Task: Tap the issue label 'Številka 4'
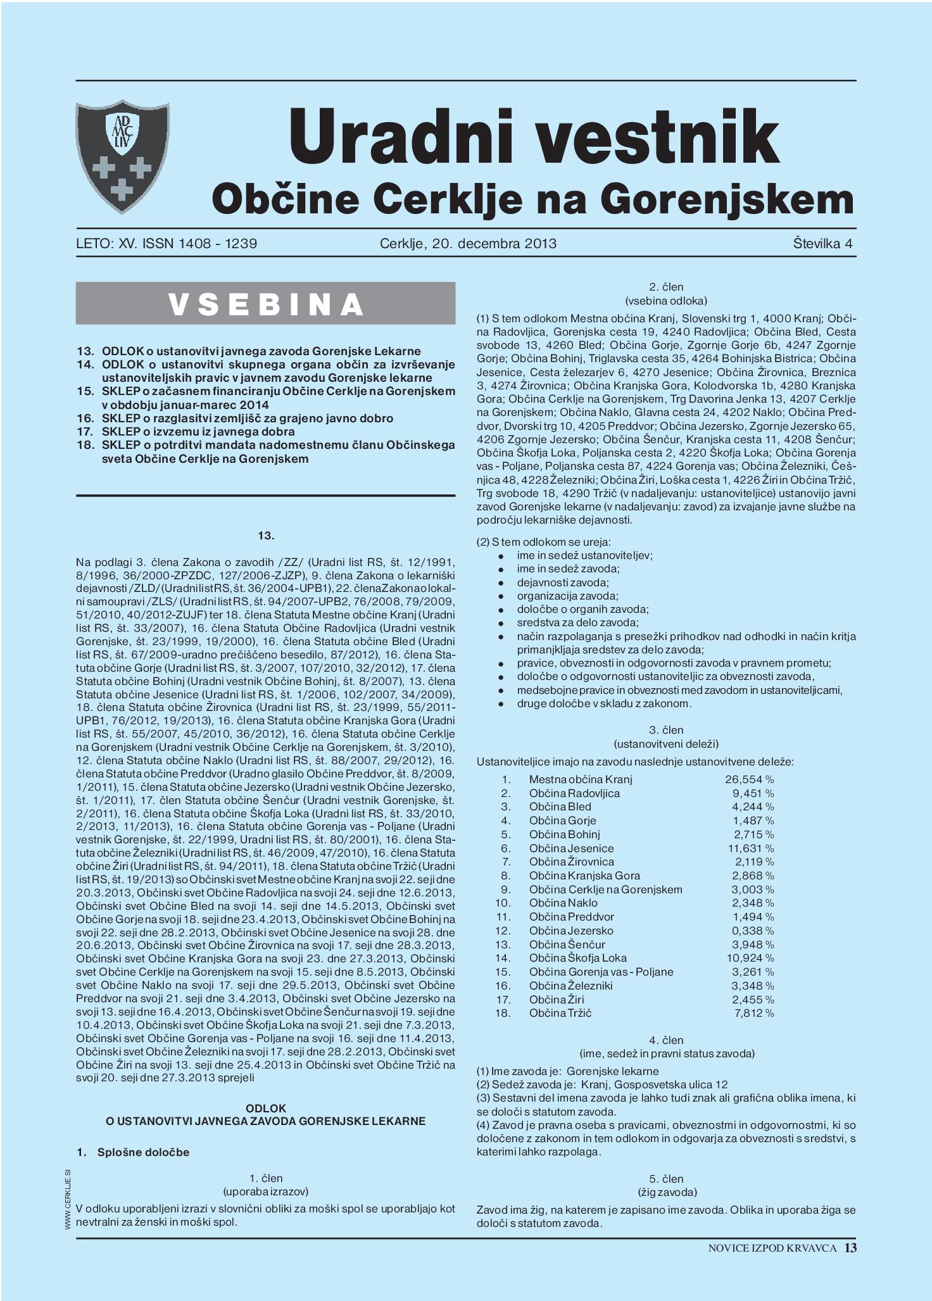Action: [x=822, y=243]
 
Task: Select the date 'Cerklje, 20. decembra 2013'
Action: [x=468, y=243]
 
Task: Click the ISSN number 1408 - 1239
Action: [x=213, y=243]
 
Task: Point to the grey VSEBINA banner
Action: [x=265, y=303]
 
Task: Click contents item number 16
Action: [x=247, y=418]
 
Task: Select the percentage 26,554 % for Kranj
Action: [x=749, y=779]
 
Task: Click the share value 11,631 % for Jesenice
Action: [x=750, y=848]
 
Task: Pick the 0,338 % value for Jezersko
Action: [x=752, y=931]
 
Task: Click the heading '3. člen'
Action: [x=666, y=730]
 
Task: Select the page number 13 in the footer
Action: [x=850, y=1247]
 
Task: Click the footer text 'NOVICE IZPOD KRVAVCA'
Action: [x=772, y=1248]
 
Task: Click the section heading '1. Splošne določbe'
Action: [x=133, y=1152]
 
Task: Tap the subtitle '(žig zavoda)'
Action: [x=666, y=1192]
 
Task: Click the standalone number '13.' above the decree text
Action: [x=266, y=536]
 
